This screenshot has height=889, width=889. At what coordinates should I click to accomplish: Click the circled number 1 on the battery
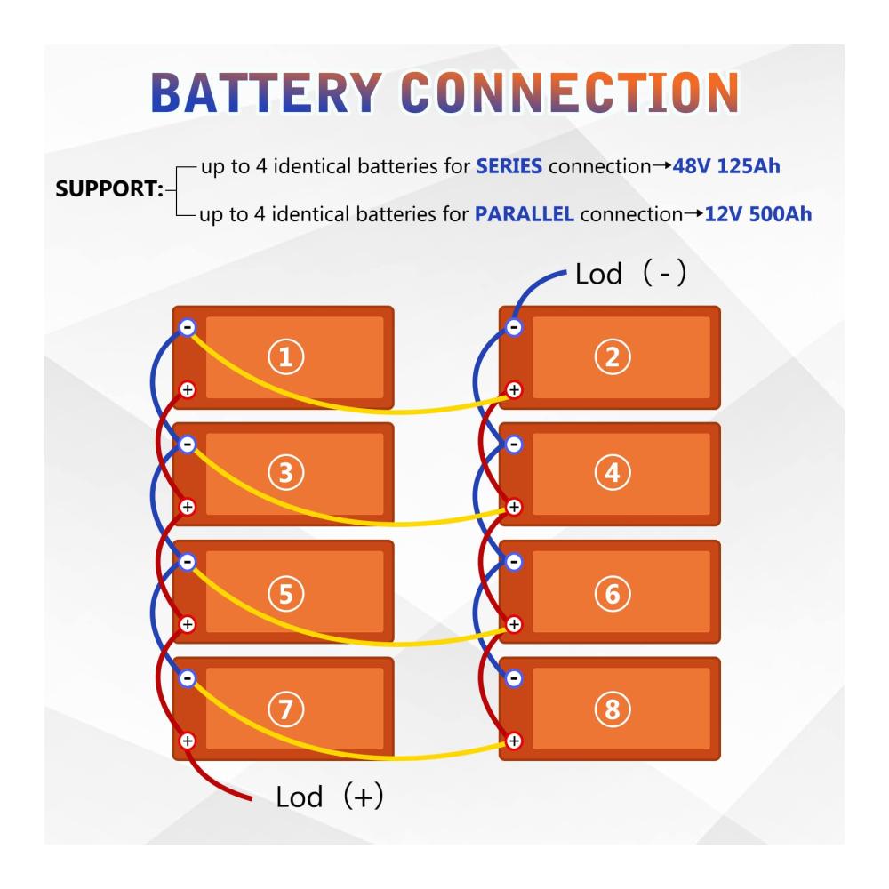pyautogui.click(x=285, y=357)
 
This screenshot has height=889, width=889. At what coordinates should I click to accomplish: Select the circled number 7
pyautogui.click(x=285, y=709)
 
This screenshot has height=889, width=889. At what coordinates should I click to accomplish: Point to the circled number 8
pyautogui.click(x=612, y=709)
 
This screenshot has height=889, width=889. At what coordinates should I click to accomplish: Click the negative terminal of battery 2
pyautogui.click(x=514, y=327)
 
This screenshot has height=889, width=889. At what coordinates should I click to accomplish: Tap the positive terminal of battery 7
pyautogui.click(x=187, y=740)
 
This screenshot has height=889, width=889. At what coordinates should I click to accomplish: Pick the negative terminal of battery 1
pyautogui.click(x=187, y=327)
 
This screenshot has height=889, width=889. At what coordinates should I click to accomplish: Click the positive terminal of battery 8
pyautogui.click(x=514, y=740)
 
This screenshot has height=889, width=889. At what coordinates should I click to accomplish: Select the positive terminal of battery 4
pyautogui.click(x=514, y=507)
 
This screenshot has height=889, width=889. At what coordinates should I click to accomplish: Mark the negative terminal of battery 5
pyautogui.click(x=187, y=562)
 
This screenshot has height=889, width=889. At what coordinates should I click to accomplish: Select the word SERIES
pyautogui.click(x=509, y=166)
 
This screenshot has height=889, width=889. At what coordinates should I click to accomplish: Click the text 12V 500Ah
pyautogui.click(x=757, y=214)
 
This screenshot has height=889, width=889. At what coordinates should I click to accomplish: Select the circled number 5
pyautogui.click(x=285, y=592)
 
